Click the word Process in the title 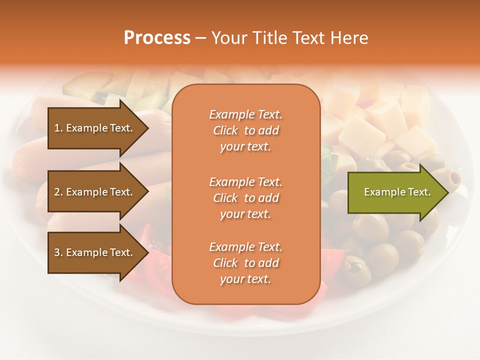click(x=157, y=38)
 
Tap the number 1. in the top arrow click(x=58, y=128)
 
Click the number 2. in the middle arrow click(x=58, y=192)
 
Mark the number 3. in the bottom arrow click(x=58, y=252)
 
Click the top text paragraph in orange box click(x=245, y=130)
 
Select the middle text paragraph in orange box click(x=245, y=198)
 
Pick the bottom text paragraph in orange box click(x=245, y=263)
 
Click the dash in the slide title click(x=200, y=38)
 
